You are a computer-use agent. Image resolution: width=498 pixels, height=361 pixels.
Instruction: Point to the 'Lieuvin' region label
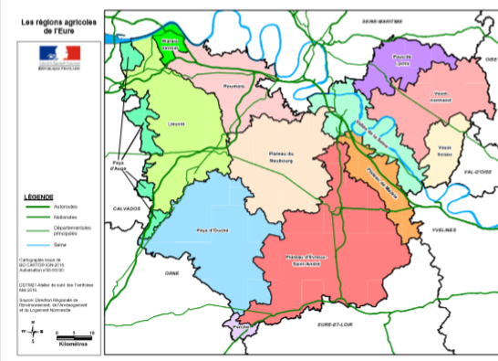pos(177,123)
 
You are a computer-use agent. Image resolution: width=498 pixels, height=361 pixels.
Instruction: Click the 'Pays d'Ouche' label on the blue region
pos(212,231)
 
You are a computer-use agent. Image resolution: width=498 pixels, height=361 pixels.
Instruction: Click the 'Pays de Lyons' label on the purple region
pos(405,59)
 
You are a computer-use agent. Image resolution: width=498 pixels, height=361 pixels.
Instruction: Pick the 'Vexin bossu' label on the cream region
pos(445,150)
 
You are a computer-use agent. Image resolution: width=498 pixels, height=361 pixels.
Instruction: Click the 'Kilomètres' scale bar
pos(73,345)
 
